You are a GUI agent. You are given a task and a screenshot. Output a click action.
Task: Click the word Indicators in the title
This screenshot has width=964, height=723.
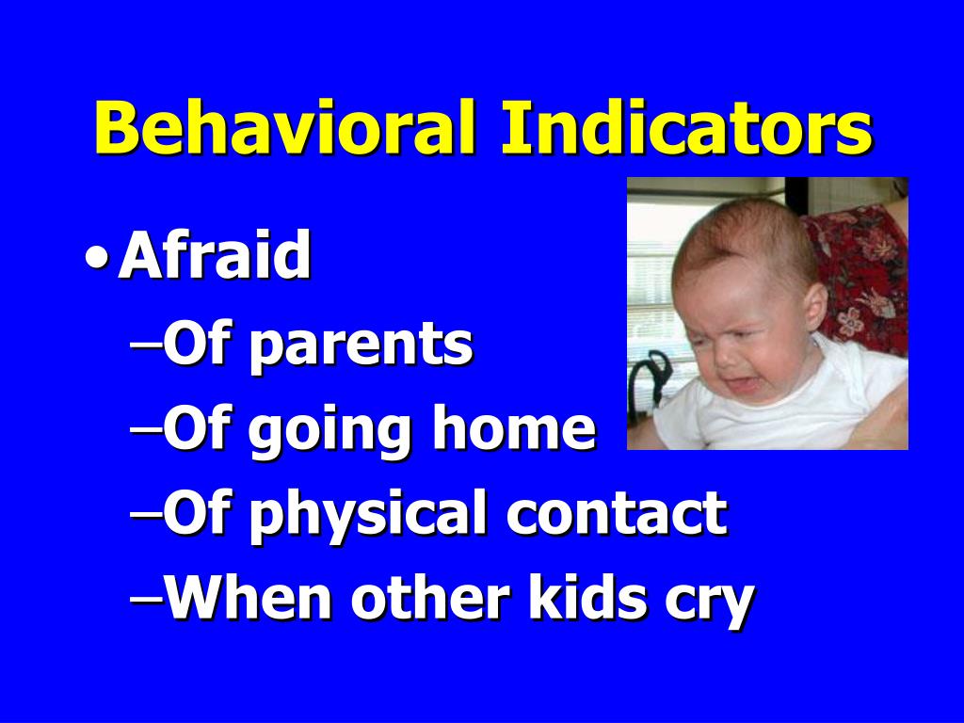(x=685, y=129)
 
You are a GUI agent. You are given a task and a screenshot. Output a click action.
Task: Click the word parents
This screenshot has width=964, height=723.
(x=361, y=346)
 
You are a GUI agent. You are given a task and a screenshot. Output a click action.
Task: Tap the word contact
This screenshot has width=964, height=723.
(x=616, y=514)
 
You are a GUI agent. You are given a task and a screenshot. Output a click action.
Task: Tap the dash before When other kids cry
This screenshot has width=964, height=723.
(x=145, y=598)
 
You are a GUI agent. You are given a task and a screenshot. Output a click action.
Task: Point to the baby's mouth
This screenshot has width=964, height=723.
(x=743, y=383)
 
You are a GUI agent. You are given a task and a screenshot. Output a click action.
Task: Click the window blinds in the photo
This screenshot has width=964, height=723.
(x=650, y=282)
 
